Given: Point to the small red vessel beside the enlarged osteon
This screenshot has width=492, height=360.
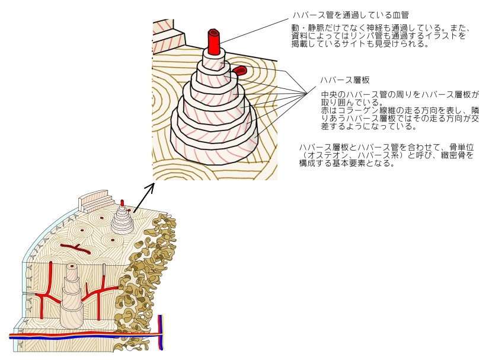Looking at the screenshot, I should pos(239,71).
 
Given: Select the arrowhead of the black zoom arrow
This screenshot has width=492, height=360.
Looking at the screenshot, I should pos(150,187).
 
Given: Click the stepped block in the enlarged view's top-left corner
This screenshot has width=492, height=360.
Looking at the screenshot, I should pos(164,36).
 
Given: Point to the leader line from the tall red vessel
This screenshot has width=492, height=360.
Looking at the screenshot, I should pos(255,29).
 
